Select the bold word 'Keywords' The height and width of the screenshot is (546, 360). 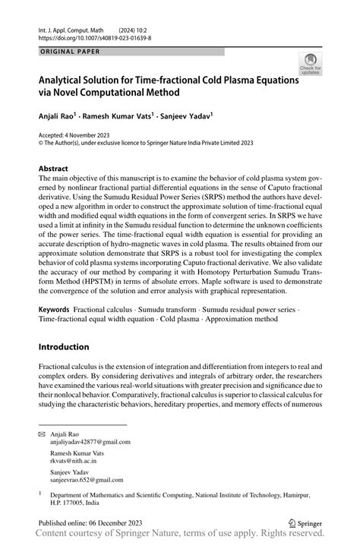(53, 311)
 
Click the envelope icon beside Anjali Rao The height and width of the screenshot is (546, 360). (43, 432)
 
